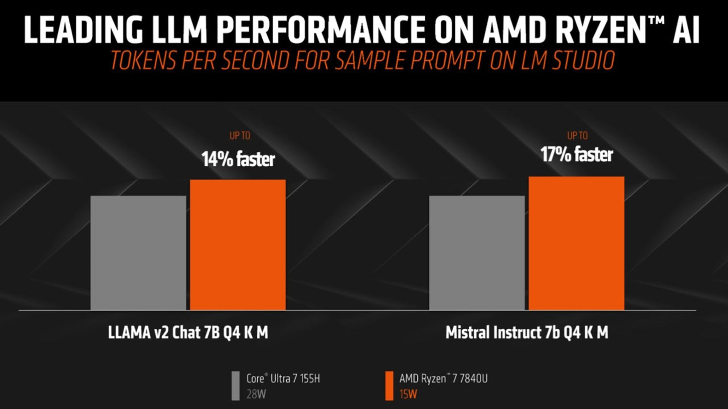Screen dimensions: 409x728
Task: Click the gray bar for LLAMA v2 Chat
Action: pyautogui.click(x=138, y=253)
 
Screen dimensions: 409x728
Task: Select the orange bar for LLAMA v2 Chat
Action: pyautogui.click(x=238, y=245)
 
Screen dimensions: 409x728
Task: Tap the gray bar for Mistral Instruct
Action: pyautogui.click(x=477, y=253)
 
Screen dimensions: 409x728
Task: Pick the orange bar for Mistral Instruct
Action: pyautogui.click(x=576, y=243)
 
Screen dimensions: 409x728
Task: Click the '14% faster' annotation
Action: pyautogui.click(x=238, y=159)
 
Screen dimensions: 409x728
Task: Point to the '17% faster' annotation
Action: pyautogui.click(x=576, y=154)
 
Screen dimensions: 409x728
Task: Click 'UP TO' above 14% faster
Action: pyautogui.click(x=240, y=135)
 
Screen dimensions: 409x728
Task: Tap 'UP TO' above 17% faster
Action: pyautogui.click(x=577, y=135)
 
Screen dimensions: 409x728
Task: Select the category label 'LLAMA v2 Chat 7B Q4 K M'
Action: pyautogui.click(x=188, y=332)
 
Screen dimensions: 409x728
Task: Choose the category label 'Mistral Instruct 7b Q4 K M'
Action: pyautogui.click(x=527, y=332)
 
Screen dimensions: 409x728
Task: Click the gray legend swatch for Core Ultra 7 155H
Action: pyautogui.click(x=235, y=385)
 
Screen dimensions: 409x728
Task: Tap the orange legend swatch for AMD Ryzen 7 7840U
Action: pyautogui.click(x=389, y=385)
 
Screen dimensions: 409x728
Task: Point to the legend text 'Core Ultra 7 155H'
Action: pyautogui.click(x=283, y=378)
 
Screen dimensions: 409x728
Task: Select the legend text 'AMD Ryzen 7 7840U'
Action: pyautogui.click(x=443, y=378)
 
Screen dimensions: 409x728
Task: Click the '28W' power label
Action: pyautogui.click(x=256, y=394)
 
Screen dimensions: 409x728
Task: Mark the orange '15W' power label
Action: pyautogui.click(x=408, y=394)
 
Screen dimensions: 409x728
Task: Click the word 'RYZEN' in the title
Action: pyautogui.click(x=565, y=30)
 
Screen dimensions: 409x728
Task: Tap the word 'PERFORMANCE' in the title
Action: pyautogui.click(x=321, y=30)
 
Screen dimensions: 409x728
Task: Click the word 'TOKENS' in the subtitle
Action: pyautogui.click(x=144, y=61)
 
